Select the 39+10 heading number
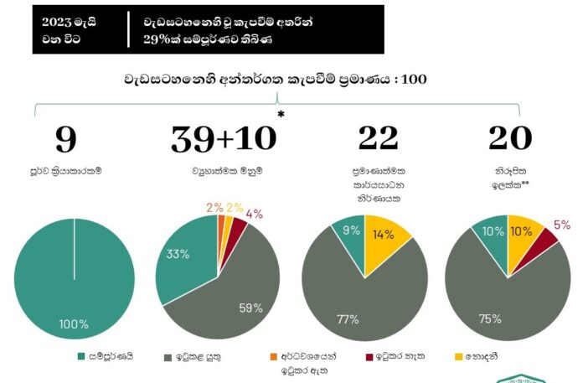[x=222, y=140]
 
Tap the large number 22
[x=378, y=140]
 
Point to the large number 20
[x=510, y=140]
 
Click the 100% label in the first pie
[x=74, y=324]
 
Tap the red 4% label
[x=255, y=213]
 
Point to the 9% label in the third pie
[x=352, y=229]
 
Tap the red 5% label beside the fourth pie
[x=562, y=225]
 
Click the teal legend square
[x=81, y=356]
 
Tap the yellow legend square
[x=457, y=356]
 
